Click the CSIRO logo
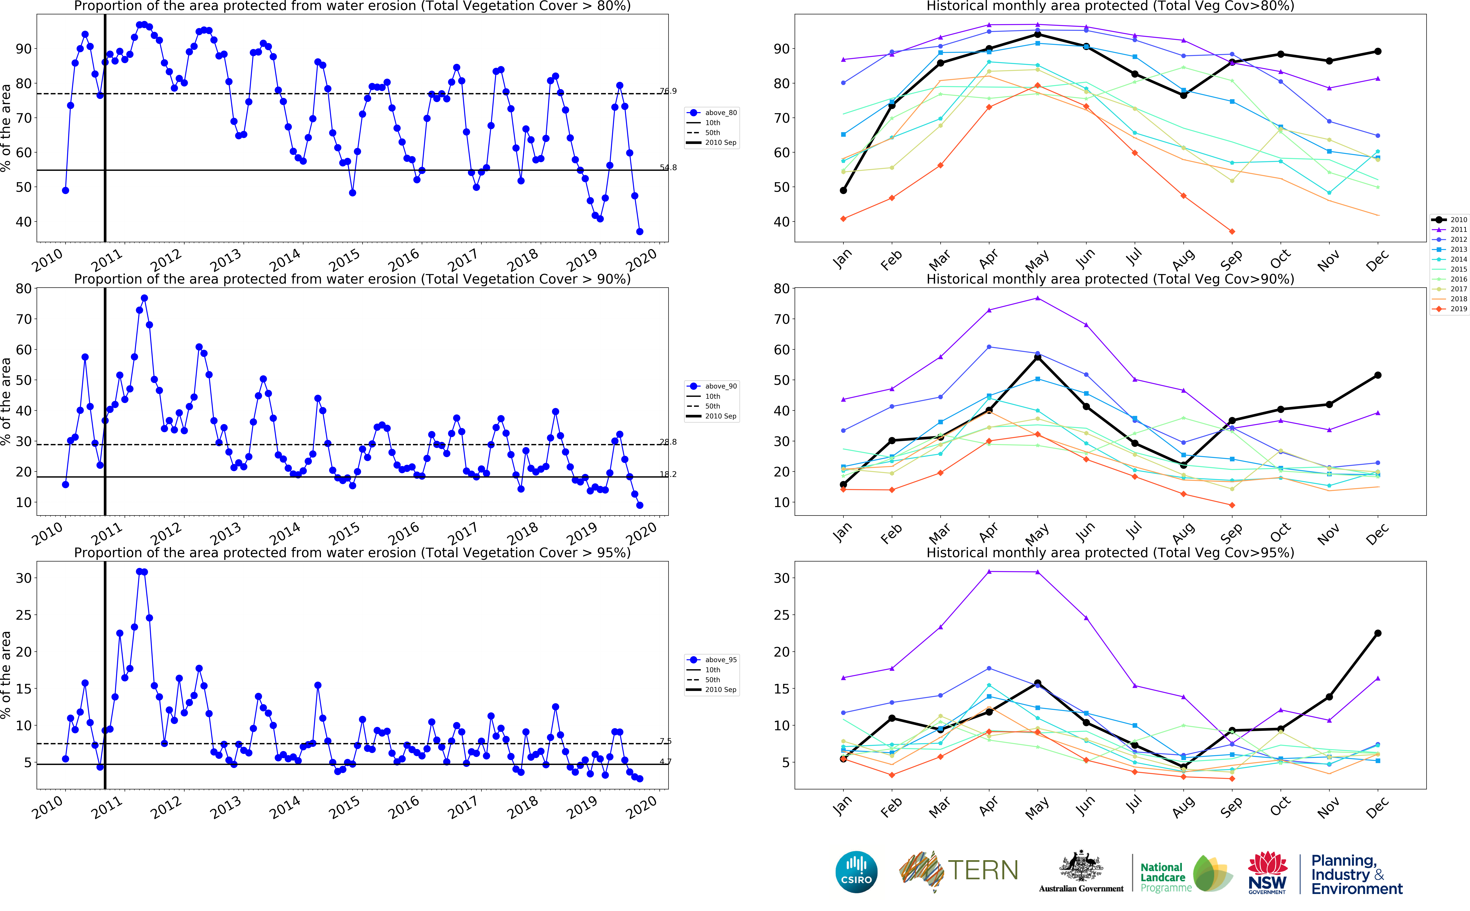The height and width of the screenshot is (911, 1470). click(x=856, y=872)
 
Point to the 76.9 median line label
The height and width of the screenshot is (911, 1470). click(x=667, y=91)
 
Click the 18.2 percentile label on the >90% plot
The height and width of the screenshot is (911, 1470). click(x=667, y=474)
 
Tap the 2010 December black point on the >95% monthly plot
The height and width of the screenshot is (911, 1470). click(x=1378, y=633)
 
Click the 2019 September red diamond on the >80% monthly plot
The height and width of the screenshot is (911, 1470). click(x=1232, y=231)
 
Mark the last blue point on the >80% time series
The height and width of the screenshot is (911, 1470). click(x=640, y=231)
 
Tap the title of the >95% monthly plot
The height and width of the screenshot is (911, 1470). click(x=1110, y=552)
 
